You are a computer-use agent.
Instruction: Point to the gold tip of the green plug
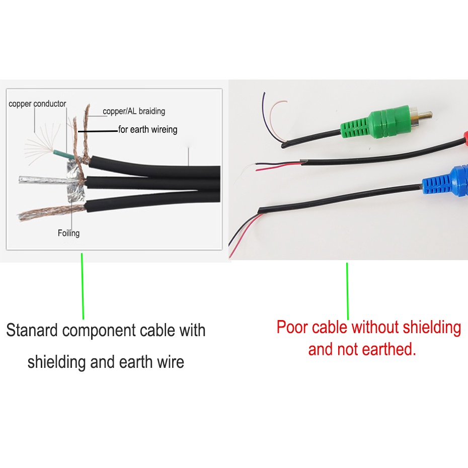pos(425,116)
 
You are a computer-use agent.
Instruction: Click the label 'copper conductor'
pos(37,104)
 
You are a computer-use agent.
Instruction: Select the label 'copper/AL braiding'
pos(134,111)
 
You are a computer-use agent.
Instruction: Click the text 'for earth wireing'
pos(148,129)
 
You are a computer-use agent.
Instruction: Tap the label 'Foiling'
pos(68,233)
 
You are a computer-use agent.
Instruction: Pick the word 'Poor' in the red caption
pos(292,328)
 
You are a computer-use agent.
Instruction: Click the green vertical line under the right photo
pos(347,289)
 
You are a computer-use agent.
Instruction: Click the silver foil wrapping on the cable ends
pos(76,186)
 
